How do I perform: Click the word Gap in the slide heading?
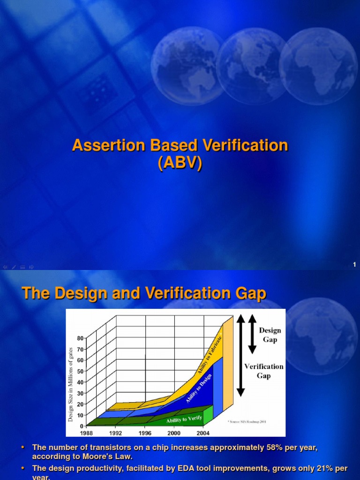tap(251, 294)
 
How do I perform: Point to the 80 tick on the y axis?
tap(81, 338)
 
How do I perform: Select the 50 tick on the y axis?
tap(81, 371)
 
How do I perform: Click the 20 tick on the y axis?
tap(81, 404)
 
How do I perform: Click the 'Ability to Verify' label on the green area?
tap(184, 418)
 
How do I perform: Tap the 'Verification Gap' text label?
tap(264, 371)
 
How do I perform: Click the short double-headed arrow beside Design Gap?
tap(252, 334)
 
